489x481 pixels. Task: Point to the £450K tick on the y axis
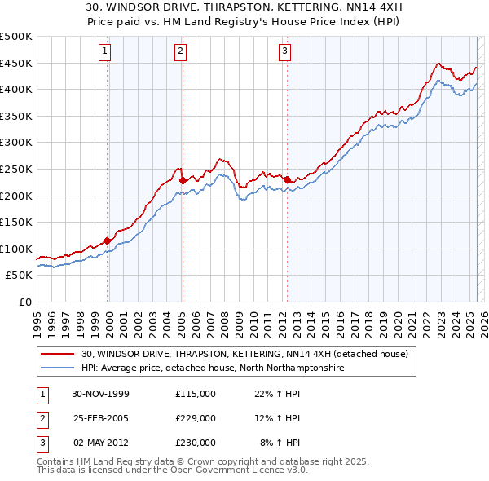pos(16,63)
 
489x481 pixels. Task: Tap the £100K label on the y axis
pos(16,249)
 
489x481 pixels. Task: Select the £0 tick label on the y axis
pos(24,302)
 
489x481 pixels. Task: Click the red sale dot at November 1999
pos(108,240)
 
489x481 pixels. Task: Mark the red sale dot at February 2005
pos(183,180)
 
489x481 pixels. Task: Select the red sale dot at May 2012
pos(287,179)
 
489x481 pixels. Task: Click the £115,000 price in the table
pos(195,394)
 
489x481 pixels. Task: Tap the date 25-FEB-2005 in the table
pos(101,418)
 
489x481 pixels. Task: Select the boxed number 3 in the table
pos(42,443)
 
